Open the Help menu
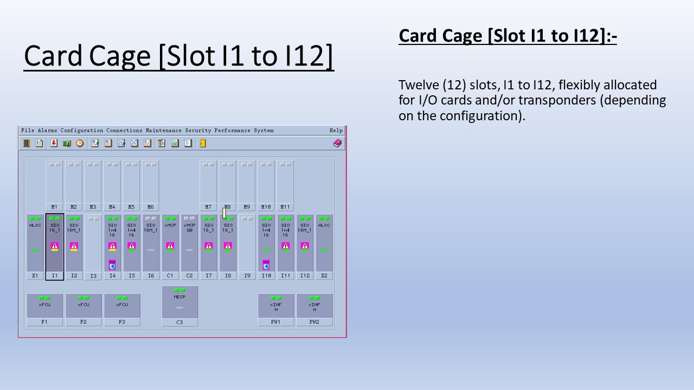(x=336, y=131)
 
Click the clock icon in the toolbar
(x=80, y=144)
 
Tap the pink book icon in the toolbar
(x=337, y=144)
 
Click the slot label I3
(x=93, y=276)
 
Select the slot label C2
(x=189, y=276)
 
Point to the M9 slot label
(x=247, y=207)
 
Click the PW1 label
(x=276, y=322)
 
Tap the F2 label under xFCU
(x=83, y=322)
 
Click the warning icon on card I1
(x=55, y=246)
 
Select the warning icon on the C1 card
(x=170, y=246)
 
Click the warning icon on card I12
(x=305, y=246)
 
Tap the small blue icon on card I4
(x=112, y=265)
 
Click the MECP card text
(x=179, y=297)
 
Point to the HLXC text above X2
(x=324, y=225)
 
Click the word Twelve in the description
(x=417, y=85)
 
